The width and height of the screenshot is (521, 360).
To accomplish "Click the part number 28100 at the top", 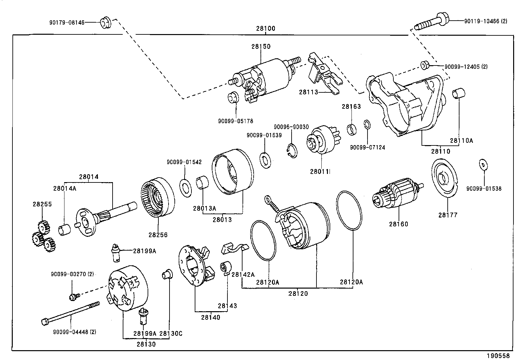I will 266,28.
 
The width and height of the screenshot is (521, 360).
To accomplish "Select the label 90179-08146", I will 67,23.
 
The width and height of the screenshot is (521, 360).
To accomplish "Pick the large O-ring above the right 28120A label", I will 349,210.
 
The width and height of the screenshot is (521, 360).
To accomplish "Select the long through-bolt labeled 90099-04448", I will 70,313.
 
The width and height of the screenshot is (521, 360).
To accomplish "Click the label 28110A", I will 461,141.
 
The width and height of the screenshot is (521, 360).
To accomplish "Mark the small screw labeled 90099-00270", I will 73,297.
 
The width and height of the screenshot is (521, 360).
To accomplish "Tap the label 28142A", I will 243,275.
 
